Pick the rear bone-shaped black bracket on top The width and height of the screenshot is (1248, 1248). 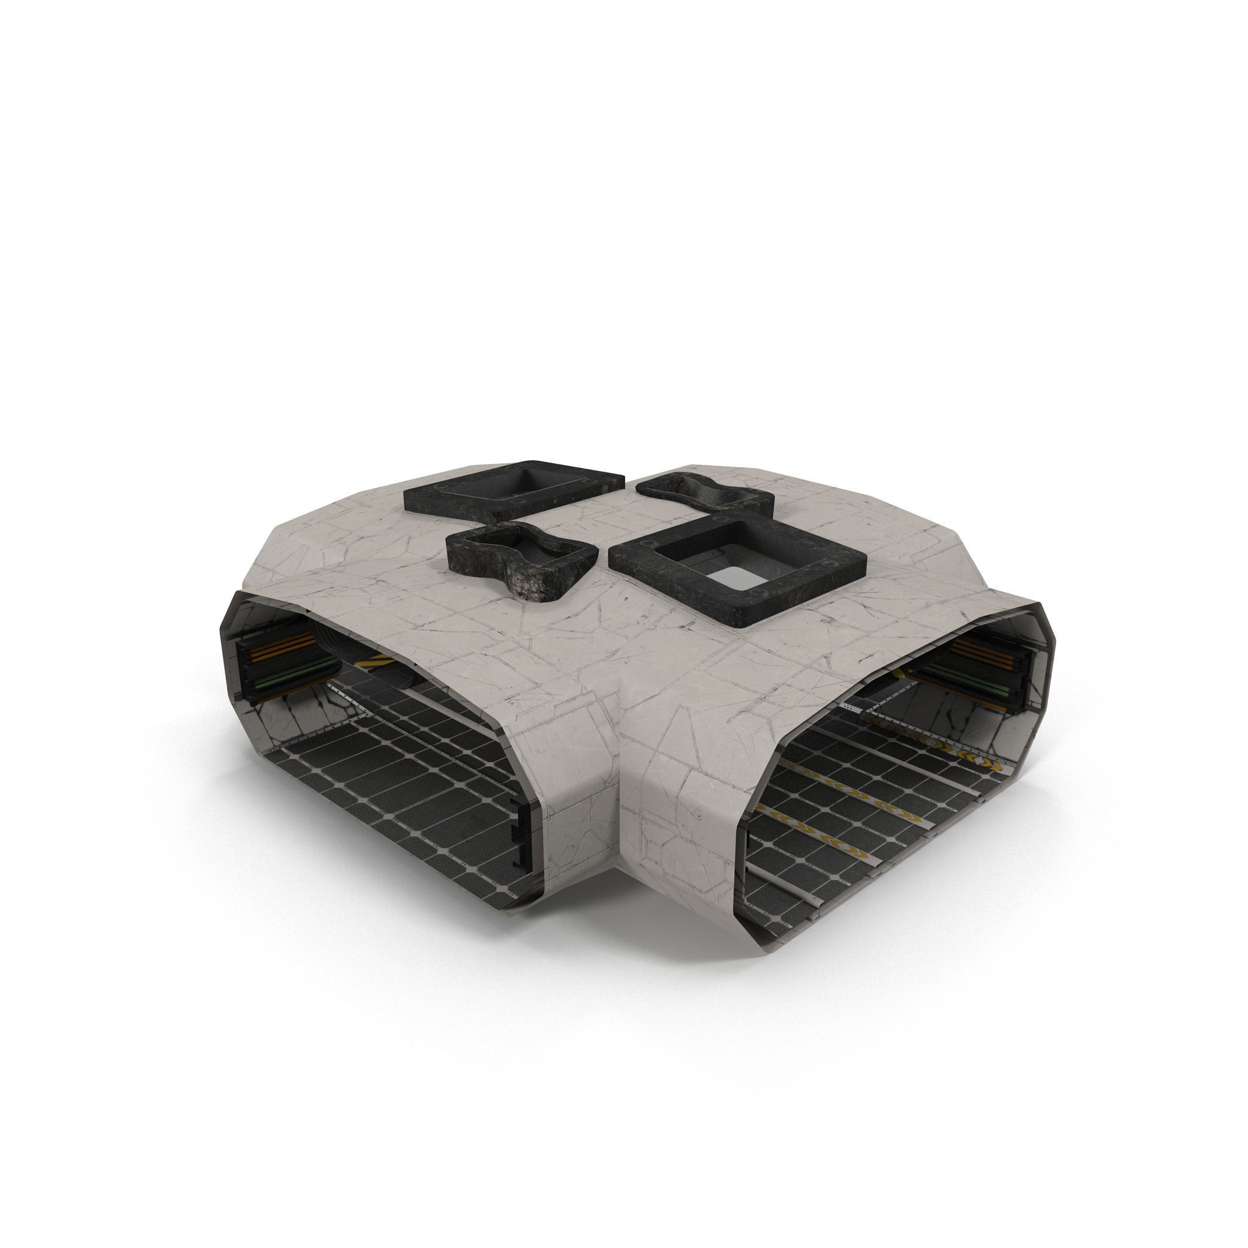coord(704,494)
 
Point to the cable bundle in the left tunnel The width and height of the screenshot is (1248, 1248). coord(284,665)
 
